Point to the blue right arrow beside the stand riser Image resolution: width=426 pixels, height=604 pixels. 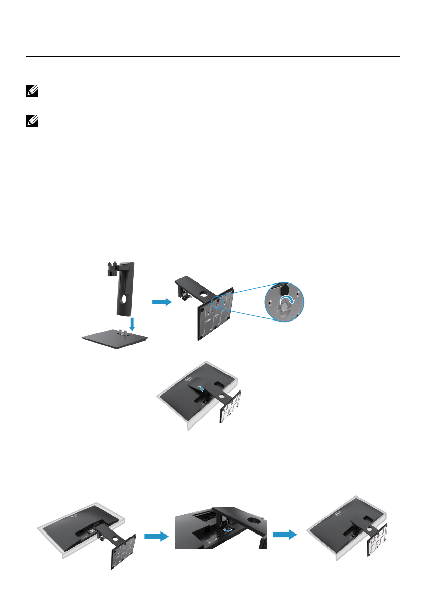[161, 302]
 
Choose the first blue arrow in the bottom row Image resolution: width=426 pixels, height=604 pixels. [155, 537]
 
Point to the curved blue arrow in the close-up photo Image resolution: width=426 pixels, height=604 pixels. [230, 528]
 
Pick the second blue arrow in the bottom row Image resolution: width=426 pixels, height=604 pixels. [285, 534]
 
